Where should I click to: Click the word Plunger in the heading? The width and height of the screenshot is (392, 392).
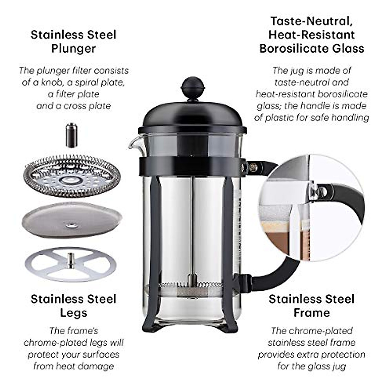click(73, 49)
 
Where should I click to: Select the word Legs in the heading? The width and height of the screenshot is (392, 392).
click(73, 313)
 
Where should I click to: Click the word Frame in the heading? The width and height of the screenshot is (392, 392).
click(311, 313)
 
